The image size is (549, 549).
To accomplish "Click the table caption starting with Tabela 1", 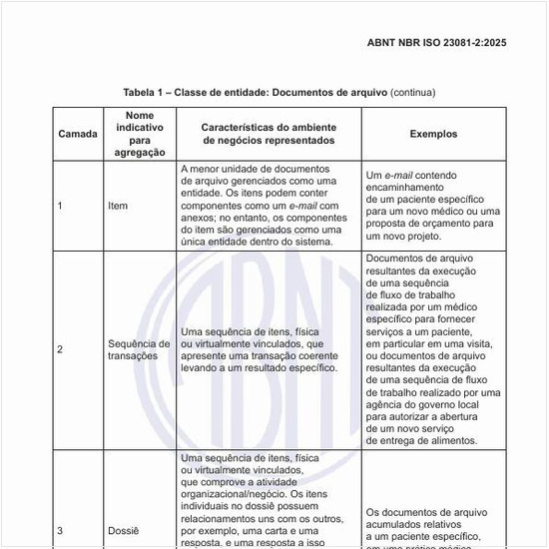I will coord(278,92).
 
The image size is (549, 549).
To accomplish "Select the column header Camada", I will coord(78,134).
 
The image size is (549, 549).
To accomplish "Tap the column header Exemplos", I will coord(433,134).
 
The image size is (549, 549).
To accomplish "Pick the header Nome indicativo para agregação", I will coord(140,134).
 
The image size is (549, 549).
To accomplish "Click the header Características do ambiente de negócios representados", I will coord(268,134).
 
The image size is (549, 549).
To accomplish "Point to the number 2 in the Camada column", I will coord(60,349).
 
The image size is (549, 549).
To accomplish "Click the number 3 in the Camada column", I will coord(60,530).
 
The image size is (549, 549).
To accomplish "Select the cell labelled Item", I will coord(117,206).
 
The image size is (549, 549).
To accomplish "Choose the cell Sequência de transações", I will coord(139,349).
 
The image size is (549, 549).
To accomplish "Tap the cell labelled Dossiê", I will coord(124,530).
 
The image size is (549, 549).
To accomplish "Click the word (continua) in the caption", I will coord(412,92).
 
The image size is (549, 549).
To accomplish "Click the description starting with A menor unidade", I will coord(261,205).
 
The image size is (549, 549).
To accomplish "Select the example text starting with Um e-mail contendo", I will coord(433,205).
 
